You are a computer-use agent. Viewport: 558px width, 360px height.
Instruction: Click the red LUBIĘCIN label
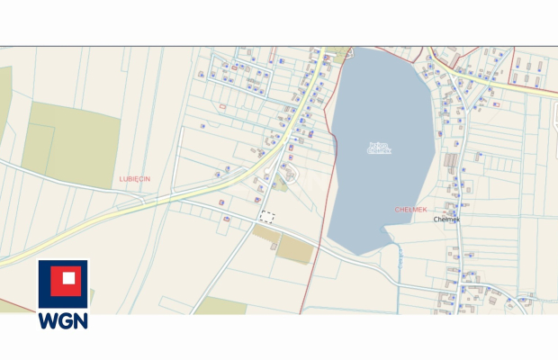click(135, 179)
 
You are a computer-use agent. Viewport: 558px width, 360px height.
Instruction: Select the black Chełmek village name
click(446, 219)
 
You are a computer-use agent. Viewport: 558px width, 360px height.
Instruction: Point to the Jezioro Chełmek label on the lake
click(379, 148)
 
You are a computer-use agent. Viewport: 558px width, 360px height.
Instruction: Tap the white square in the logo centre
click(63, 283)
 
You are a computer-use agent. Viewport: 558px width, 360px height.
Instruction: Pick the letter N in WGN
click(80, 320)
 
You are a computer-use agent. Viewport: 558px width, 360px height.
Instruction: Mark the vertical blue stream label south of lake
click(397, 260)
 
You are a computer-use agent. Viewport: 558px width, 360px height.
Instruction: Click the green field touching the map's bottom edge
click(220, 306)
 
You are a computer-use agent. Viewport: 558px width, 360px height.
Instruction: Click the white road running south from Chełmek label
click(458, 261)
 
